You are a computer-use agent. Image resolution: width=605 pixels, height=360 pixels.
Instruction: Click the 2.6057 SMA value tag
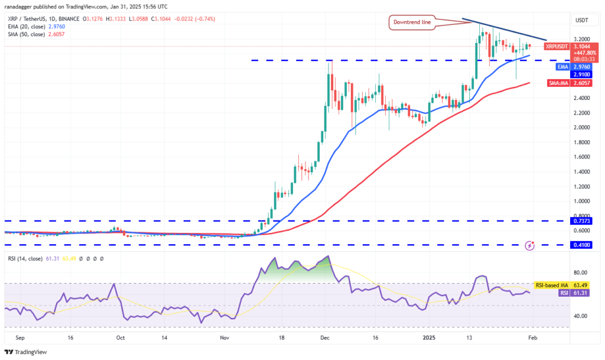pos(580,83)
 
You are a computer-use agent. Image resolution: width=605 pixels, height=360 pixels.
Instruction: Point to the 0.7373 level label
pos(579,221)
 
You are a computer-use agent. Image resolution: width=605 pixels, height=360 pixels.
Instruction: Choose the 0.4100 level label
pos(579,244)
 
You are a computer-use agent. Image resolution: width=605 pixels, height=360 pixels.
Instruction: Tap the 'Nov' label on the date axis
pos(225,339)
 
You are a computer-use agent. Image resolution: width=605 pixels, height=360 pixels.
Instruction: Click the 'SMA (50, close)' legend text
pos(24,34)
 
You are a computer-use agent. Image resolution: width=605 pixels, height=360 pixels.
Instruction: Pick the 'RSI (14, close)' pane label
pos(24,258)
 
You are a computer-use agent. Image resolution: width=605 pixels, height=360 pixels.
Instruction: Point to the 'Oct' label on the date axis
pos(120,339)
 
